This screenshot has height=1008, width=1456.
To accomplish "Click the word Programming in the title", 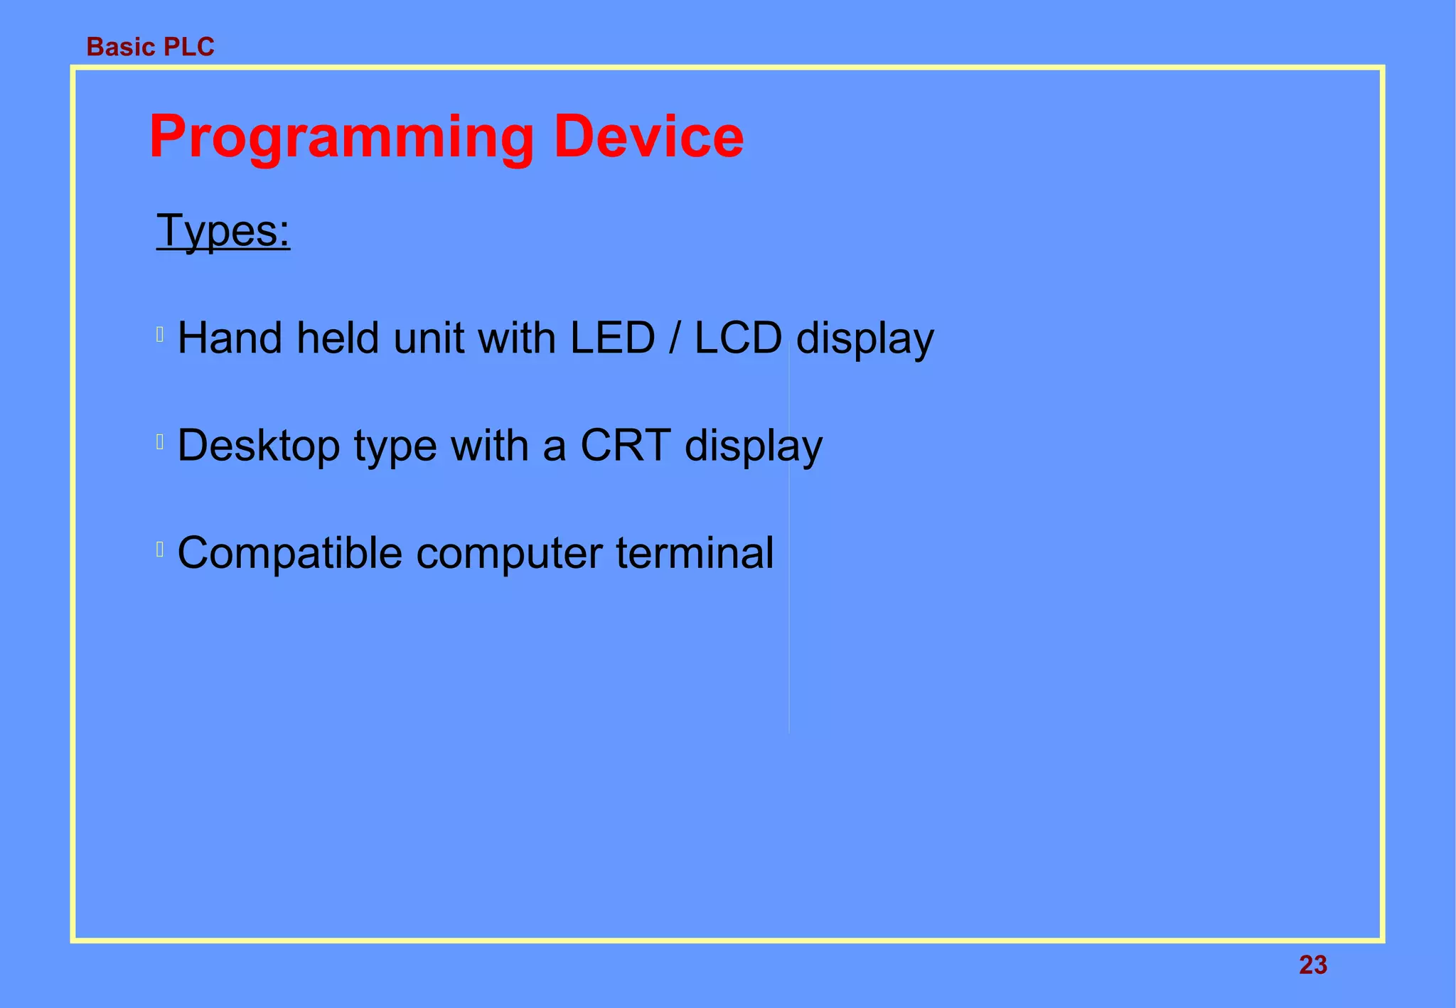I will coord(341,137).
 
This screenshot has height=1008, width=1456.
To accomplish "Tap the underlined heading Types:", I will coord(223,231).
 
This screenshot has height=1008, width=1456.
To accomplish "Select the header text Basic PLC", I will coord(150,47).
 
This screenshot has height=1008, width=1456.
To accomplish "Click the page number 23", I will coord(1312,965).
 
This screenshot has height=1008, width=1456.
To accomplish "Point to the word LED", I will coord(612,338).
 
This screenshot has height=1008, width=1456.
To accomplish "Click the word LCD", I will coord(737,338).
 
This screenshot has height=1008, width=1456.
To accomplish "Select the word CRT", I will coord(625,446).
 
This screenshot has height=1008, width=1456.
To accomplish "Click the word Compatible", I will coord(289,553).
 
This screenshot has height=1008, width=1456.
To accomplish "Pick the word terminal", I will coord(695,553).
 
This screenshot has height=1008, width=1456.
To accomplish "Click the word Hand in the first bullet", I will coord(230,338).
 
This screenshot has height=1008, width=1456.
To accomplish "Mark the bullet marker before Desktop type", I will coord(160,442).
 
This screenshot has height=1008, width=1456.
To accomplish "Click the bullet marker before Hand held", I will coord(160,334).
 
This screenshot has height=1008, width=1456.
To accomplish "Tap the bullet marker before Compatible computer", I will coord(160,549).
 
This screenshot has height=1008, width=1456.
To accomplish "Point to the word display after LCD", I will coord(864,339).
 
